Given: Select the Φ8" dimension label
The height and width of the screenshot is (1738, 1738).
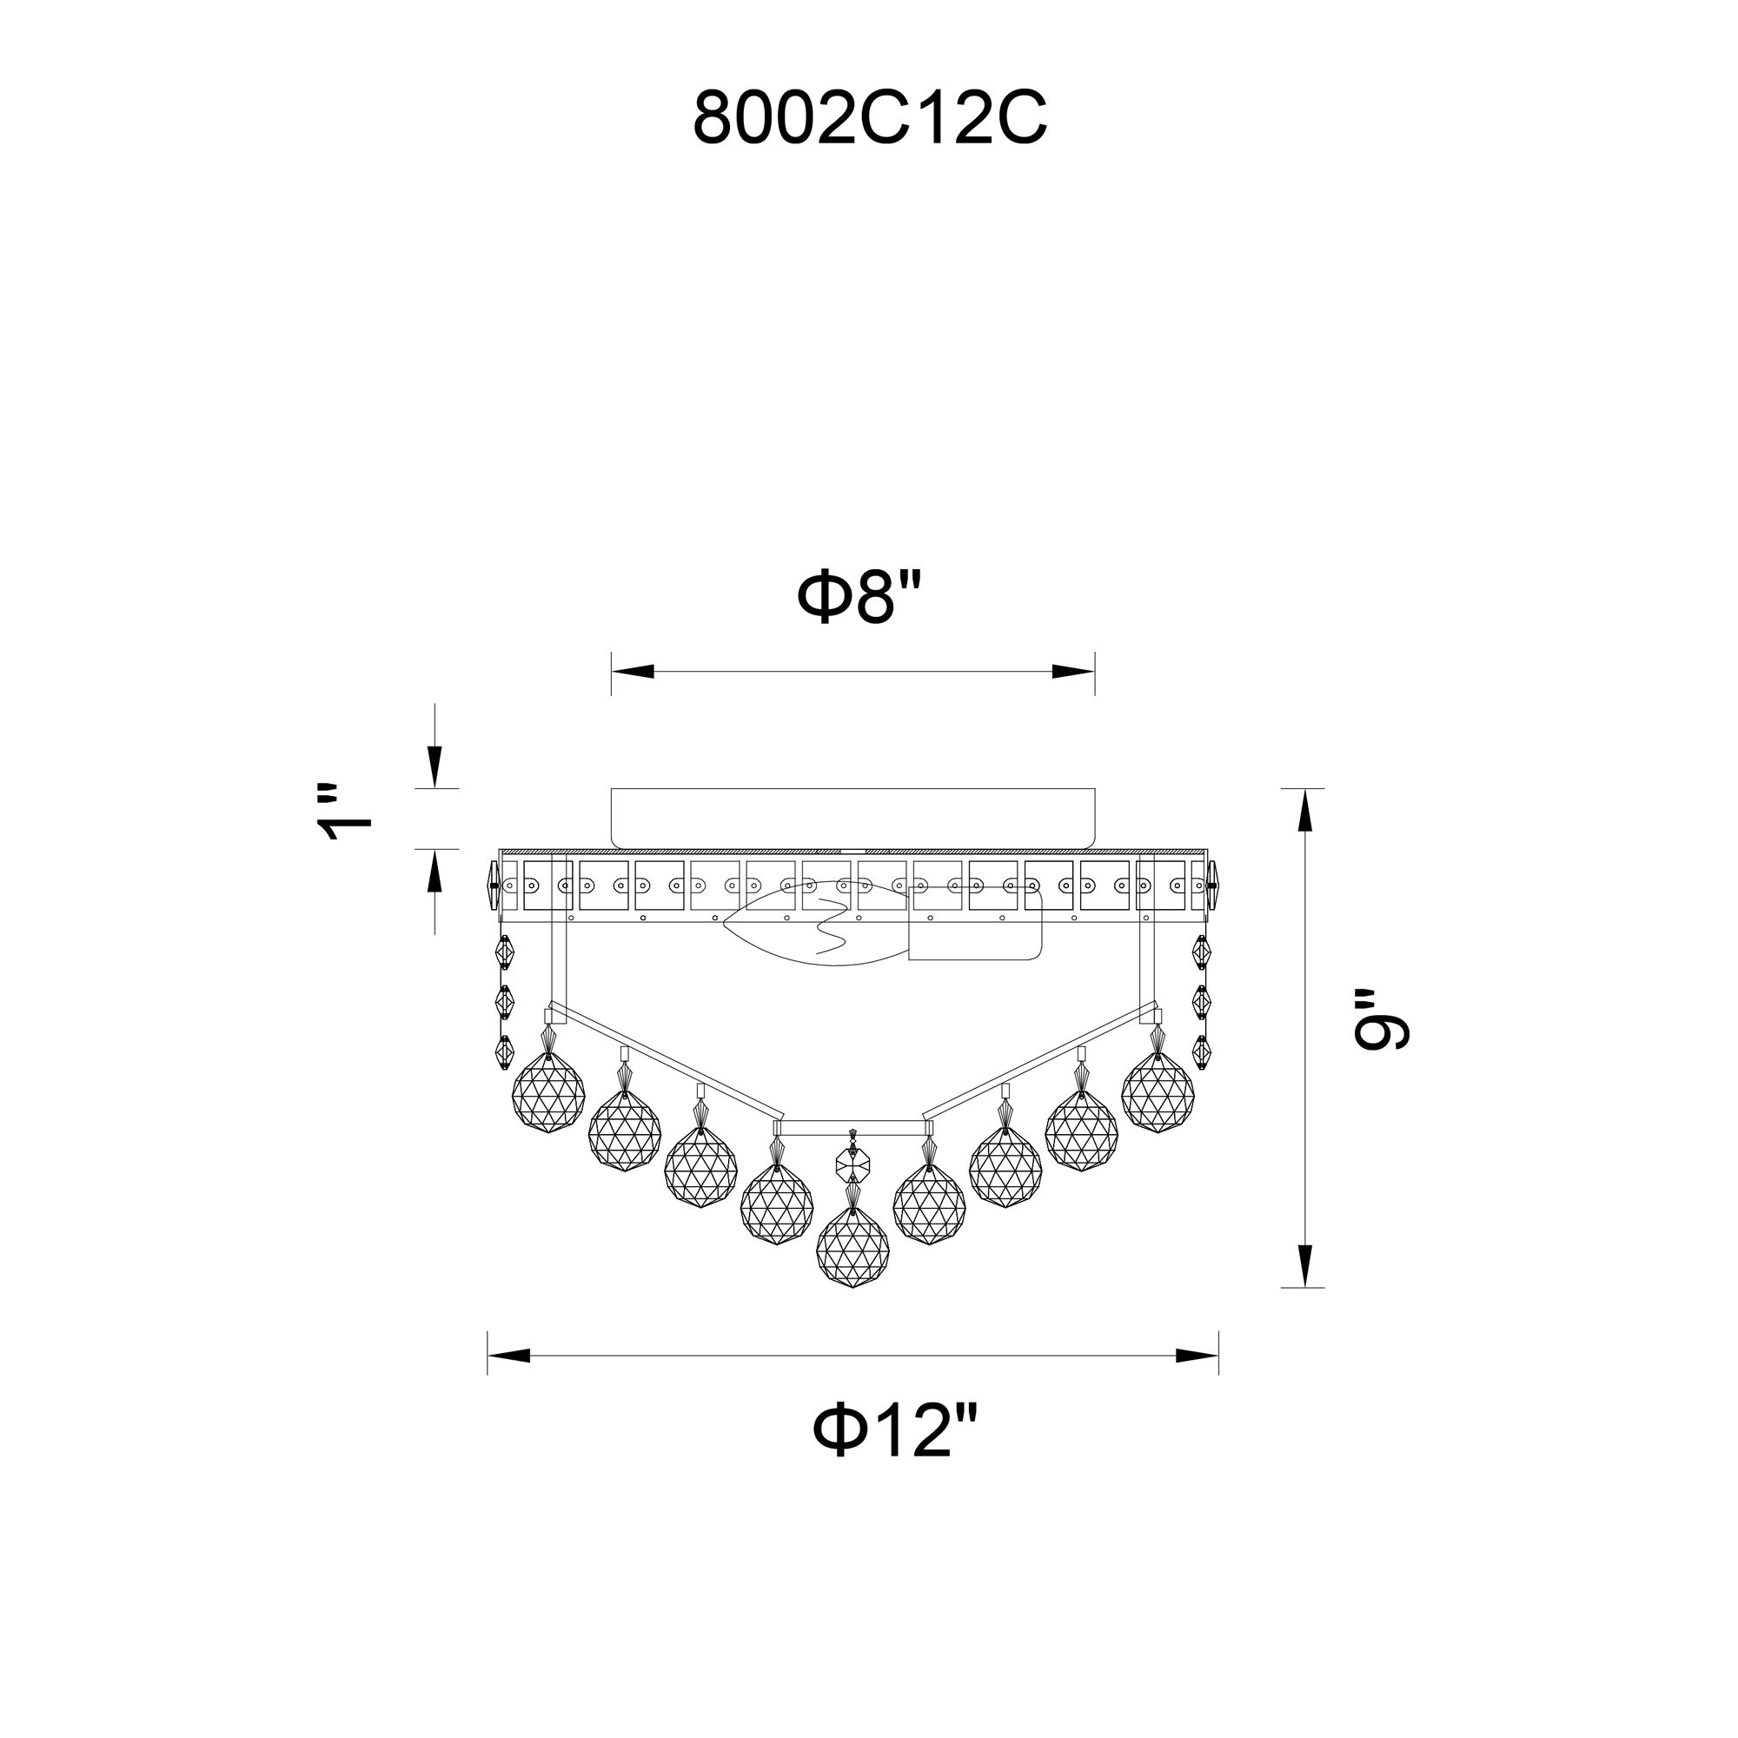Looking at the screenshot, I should tap(861, 598).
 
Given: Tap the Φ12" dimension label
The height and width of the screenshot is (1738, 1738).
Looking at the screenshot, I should tap(893, 1432).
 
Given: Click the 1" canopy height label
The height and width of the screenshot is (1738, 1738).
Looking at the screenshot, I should tap(347, 813).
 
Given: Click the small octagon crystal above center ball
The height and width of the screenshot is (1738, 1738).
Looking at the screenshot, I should tap(852, 1166).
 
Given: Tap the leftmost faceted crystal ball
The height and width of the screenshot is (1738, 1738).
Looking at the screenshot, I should tap(547, 1095).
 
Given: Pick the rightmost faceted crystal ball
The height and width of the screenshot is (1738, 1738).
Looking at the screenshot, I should tap(1158, 1095).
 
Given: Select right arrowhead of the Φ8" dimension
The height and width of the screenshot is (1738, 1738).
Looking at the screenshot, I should tap(1072, 672).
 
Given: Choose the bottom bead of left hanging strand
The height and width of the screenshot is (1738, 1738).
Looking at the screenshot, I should tap(503, 1049).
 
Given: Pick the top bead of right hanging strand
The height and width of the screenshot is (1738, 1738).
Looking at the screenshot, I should tap(1201, 951).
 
